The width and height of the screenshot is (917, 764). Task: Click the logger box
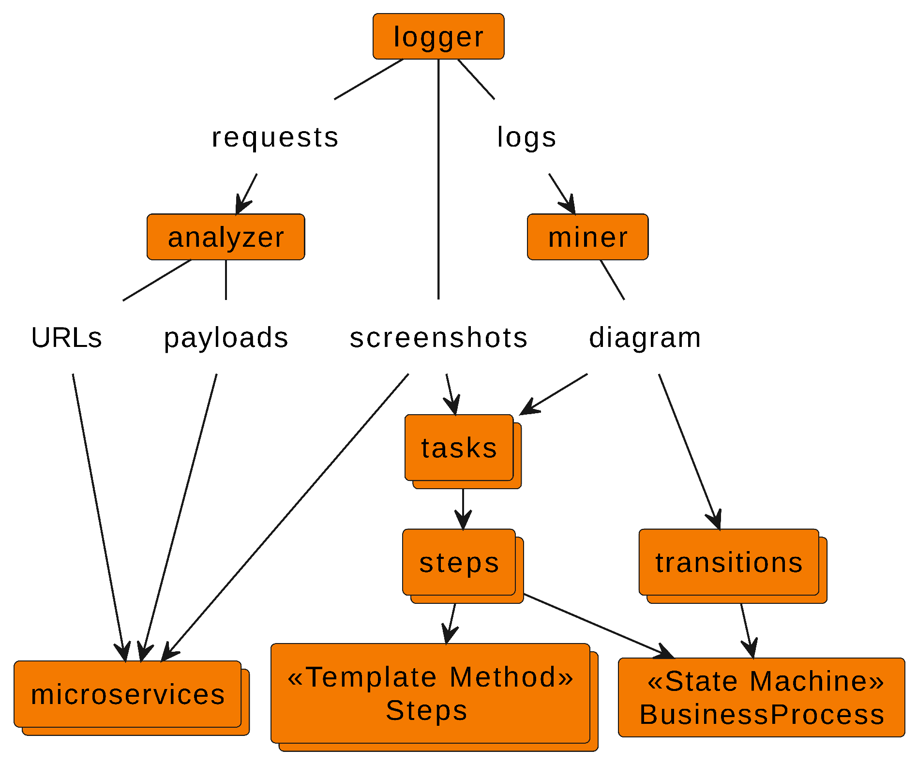[x=438, y=37]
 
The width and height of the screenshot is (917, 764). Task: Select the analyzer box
[x=225, y=237]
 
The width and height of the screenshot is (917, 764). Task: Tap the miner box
[x=587, y=237]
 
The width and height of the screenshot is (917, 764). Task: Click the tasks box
[x=459, y=448]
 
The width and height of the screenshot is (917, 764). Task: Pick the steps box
[x=459, y=562]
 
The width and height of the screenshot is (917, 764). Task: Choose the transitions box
[x=729, y=562]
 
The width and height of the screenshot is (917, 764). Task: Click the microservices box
[x=128, y=694]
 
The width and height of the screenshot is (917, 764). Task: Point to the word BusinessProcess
[x=762, y=714]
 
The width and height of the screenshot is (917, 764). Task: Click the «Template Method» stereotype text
[x=430, y=677]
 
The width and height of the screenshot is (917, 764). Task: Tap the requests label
[x=275, y=137]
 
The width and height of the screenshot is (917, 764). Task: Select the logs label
[x=527, y=137]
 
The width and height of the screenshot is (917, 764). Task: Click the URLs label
[x=67, y=338]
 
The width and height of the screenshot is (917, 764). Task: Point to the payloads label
[x=226, y=338]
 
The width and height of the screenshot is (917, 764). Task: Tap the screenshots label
[x=438, y=338]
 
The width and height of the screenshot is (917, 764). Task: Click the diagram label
[x=645, y=338]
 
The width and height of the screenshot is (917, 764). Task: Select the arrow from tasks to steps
[x=463, y=508]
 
